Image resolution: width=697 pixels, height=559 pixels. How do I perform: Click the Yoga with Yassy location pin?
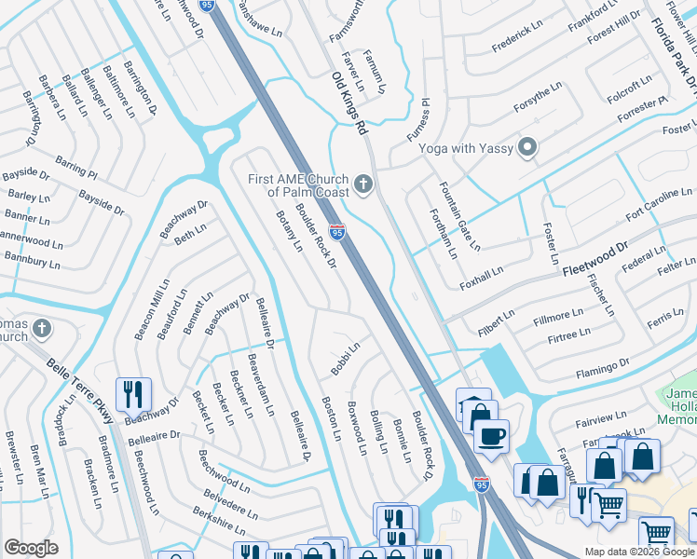pyautogui.click(x=528, y=147)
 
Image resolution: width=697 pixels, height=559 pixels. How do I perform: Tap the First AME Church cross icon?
pyautogui.click(x=363, y=184)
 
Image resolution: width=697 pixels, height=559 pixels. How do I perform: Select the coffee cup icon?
pyautogui.click(x=491, y=435)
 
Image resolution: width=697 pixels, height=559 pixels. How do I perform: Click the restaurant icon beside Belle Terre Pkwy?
pyautogui.click(x=134, y=394)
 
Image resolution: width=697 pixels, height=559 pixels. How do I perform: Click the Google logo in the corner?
pyautogui.click(x=31, y=548)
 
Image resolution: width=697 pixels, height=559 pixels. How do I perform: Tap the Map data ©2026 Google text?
pyautogui.click(x=638, y=552)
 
